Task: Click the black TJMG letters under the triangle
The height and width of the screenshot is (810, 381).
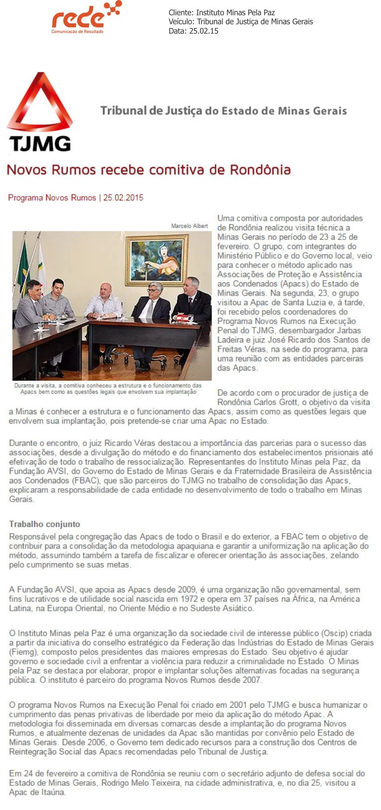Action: pyautogui.click(x=40, y=144)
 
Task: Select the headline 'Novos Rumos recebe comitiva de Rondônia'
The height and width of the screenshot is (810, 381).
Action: pyautogui.click(x=149, y=170)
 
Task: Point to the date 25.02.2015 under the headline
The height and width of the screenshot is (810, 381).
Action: pyautogui.click(x=123, y=197)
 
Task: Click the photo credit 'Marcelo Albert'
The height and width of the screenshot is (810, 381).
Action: pyautogui.click(x=189, y=226)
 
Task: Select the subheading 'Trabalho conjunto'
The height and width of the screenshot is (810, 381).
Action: pyautogui.click(x=44, y=524)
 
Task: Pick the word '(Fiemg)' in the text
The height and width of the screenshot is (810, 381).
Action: pyautogui.click(x=24, y=652)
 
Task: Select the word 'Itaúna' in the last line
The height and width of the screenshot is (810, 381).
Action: pyautogui.click(x=53, y=792)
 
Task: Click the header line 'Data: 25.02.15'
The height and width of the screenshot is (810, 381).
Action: pyautogui.click(x=193, y=31)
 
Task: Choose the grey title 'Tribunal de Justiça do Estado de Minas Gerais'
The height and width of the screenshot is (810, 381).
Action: pyautogui.click(x=223, y=111)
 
